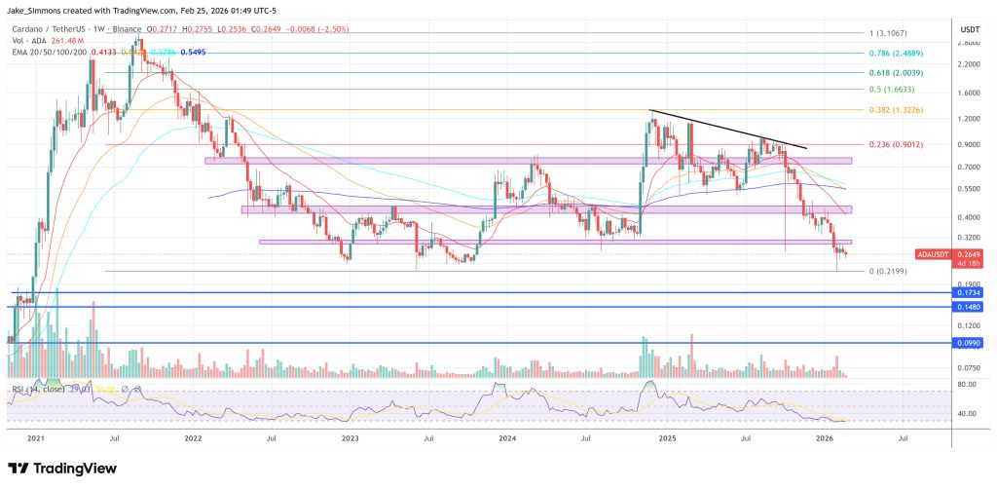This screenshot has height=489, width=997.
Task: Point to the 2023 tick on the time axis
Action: pyautogui.click(x=351, y=438)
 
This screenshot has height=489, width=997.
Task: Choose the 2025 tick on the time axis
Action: pyautogui.click(x=669, y=438)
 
